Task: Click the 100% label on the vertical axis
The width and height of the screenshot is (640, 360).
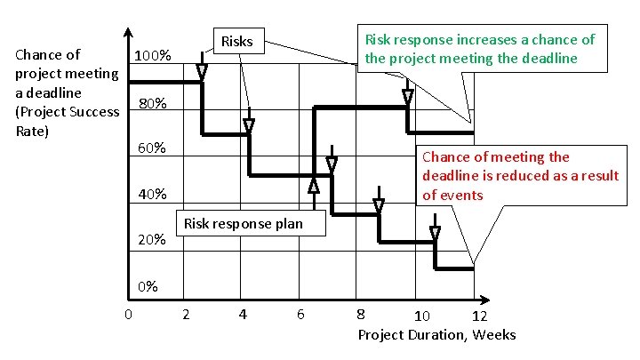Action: tap(152, 57)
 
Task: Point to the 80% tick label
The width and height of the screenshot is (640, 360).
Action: tap(152, 103)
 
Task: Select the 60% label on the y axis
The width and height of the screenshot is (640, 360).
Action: tap(152, 147)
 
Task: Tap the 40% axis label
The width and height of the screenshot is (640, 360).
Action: tap(152, 195)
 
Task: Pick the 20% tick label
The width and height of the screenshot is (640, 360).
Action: tap(152, 240)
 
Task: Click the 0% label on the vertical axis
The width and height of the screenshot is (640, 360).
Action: tap(148, 286)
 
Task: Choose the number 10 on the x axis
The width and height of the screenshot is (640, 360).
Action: tap(423, 316)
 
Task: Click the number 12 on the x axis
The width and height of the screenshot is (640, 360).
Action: tap(479, 316)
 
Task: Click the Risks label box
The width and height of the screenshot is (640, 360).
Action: tap(236, 42)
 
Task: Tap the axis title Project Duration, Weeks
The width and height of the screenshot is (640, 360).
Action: tap(436, 334)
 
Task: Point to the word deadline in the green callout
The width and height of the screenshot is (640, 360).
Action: tap(550, 59)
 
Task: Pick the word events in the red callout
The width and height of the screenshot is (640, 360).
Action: tap(463, 196)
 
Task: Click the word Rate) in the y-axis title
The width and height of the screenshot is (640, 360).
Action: tap(32, 131)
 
